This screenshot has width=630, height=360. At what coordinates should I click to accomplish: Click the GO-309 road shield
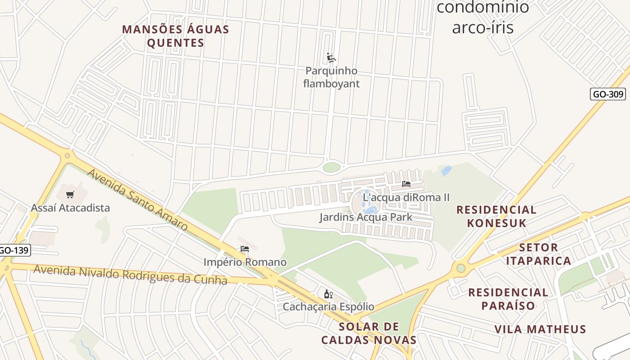point(607,94)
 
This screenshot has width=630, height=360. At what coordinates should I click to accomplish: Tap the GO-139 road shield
point(14,250)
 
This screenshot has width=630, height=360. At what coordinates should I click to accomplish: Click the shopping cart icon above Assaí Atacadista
point(70,195)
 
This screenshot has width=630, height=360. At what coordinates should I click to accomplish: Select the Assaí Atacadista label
point(70,208)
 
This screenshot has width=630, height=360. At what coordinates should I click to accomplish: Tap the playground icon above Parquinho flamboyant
point(331,58)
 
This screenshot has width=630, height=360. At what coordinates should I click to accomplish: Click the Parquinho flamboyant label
point(331,77)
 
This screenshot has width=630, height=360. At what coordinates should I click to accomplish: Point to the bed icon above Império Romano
point(245,249)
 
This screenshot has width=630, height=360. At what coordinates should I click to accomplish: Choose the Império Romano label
point(245,262)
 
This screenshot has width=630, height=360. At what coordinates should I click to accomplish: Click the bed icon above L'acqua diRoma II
point(406,184)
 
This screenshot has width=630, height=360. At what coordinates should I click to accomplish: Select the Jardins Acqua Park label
point(365,217)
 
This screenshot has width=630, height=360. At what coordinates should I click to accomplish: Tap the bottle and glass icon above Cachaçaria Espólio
point(328,294)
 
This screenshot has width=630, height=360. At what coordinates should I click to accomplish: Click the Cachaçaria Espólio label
point(328,307)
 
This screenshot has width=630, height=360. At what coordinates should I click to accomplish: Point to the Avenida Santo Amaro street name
point(137,199)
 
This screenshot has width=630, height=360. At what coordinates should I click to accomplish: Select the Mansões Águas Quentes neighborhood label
point(175,36)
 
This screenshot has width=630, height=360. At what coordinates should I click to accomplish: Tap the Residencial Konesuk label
point(496,216)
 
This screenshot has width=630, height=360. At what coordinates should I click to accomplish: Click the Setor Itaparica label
point(538,254)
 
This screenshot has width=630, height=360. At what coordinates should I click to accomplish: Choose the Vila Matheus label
point(540,329)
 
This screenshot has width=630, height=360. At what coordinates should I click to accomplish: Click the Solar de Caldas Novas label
point(369,333)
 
